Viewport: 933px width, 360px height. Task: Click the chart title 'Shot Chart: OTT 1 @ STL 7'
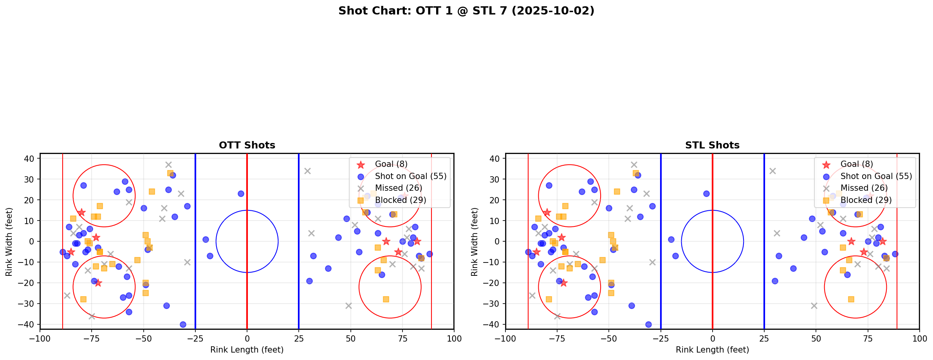click(466, 11)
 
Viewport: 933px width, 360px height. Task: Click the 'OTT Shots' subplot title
click(247, 145)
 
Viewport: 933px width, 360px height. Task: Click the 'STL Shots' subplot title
click(712, 145)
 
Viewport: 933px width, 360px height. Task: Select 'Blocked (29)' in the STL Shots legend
click(866, 200)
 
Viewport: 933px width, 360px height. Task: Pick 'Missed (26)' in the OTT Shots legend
click(398, 188)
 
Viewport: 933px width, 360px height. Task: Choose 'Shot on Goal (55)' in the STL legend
click(876, 176)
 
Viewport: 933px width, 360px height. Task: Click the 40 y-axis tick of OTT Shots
click(31, 159)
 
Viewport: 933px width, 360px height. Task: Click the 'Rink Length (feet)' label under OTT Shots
click(247, 350)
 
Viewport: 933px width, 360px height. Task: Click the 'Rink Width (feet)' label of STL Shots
click(475, 242)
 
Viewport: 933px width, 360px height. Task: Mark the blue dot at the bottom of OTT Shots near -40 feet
click(183, 324)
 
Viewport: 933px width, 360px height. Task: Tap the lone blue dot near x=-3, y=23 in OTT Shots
click(241, 194)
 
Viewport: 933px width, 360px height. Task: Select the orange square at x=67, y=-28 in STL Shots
click(851, 299)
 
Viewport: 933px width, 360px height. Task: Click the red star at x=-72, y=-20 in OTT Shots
click(98, 283)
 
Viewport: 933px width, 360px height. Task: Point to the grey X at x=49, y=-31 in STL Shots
click(814, 306)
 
